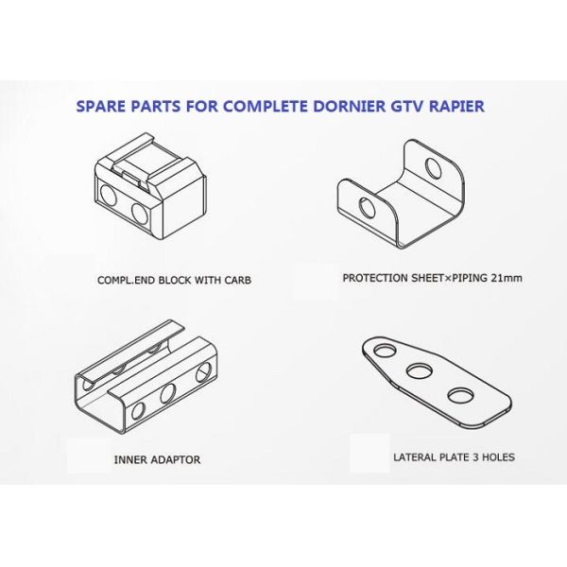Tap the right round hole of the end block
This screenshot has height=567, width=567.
pos(140,214)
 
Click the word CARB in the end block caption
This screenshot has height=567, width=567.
pos(236,281)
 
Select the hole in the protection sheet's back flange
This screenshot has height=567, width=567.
pos(433,169)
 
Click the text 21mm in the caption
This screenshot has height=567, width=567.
pos(506,278)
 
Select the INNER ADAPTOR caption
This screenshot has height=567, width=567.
pos(157,460)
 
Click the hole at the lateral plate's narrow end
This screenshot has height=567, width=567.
pos(382,351)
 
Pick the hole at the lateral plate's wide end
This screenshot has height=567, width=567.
pos(460,394)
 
